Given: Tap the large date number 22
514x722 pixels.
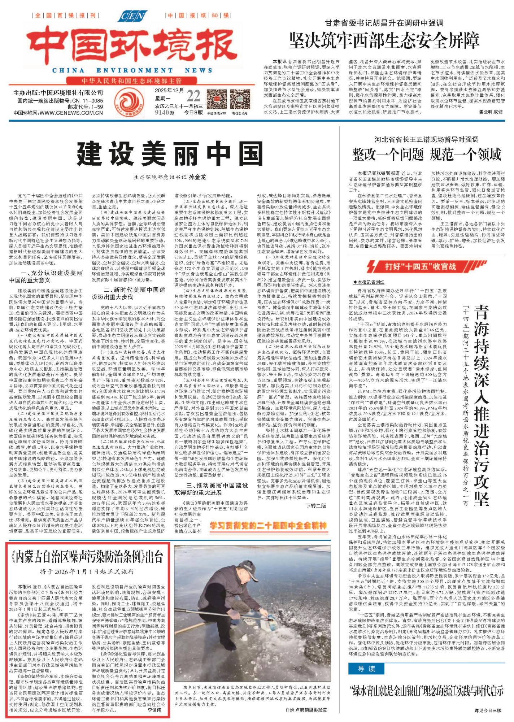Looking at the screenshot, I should pos(193,96).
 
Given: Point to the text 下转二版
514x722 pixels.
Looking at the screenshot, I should pos(316,506).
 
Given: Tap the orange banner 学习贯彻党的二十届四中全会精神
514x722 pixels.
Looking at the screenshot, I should pos(269,526).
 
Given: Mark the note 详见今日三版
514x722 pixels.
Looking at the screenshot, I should pos(488,710).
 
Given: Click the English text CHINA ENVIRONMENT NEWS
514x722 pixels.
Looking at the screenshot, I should pos(129,71).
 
